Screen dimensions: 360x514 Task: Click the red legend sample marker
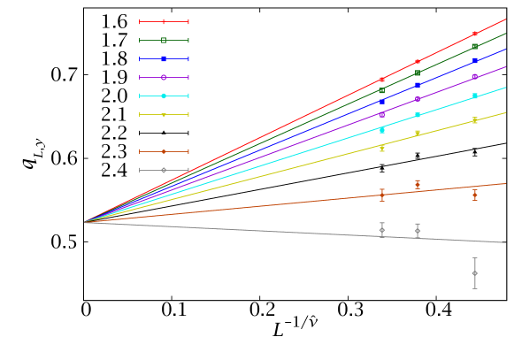(164, 21)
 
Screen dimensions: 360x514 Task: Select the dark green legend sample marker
(164, 40)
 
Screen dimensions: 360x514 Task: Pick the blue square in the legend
(164, 58)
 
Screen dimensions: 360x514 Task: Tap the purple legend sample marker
(164, 77)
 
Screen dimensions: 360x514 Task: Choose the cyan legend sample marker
(164, 96)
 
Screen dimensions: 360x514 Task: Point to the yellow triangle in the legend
(164, 114)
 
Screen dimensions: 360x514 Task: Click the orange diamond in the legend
(164, 151)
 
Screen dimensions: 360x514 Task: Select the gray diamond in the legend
(164, 170)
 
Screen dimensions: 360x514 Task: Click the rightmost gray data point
(475, 273)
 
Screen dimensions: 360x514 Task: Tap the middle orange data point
(418, 184)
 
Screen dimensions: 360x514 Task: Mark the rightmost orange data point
(475, 195)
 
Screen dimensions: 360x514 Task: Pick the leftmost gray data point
(382, 230)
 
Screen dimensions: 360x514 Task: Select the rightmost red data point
(475, 34)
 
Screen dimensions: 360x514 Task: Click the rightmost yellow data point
(475, 119)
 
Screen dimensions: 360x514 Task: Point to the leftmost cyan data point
(382, 130)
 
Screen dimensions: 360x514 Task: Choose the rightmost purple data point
(475, 77)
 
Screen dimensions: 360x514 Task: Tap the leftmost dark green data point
(382, 90)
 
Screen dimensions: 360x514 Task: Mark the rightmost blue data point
(475, 60)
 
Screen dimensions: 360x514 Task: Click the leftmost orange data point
(382, 195)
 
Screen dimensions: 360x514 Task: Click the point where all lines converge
(85, 222)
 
